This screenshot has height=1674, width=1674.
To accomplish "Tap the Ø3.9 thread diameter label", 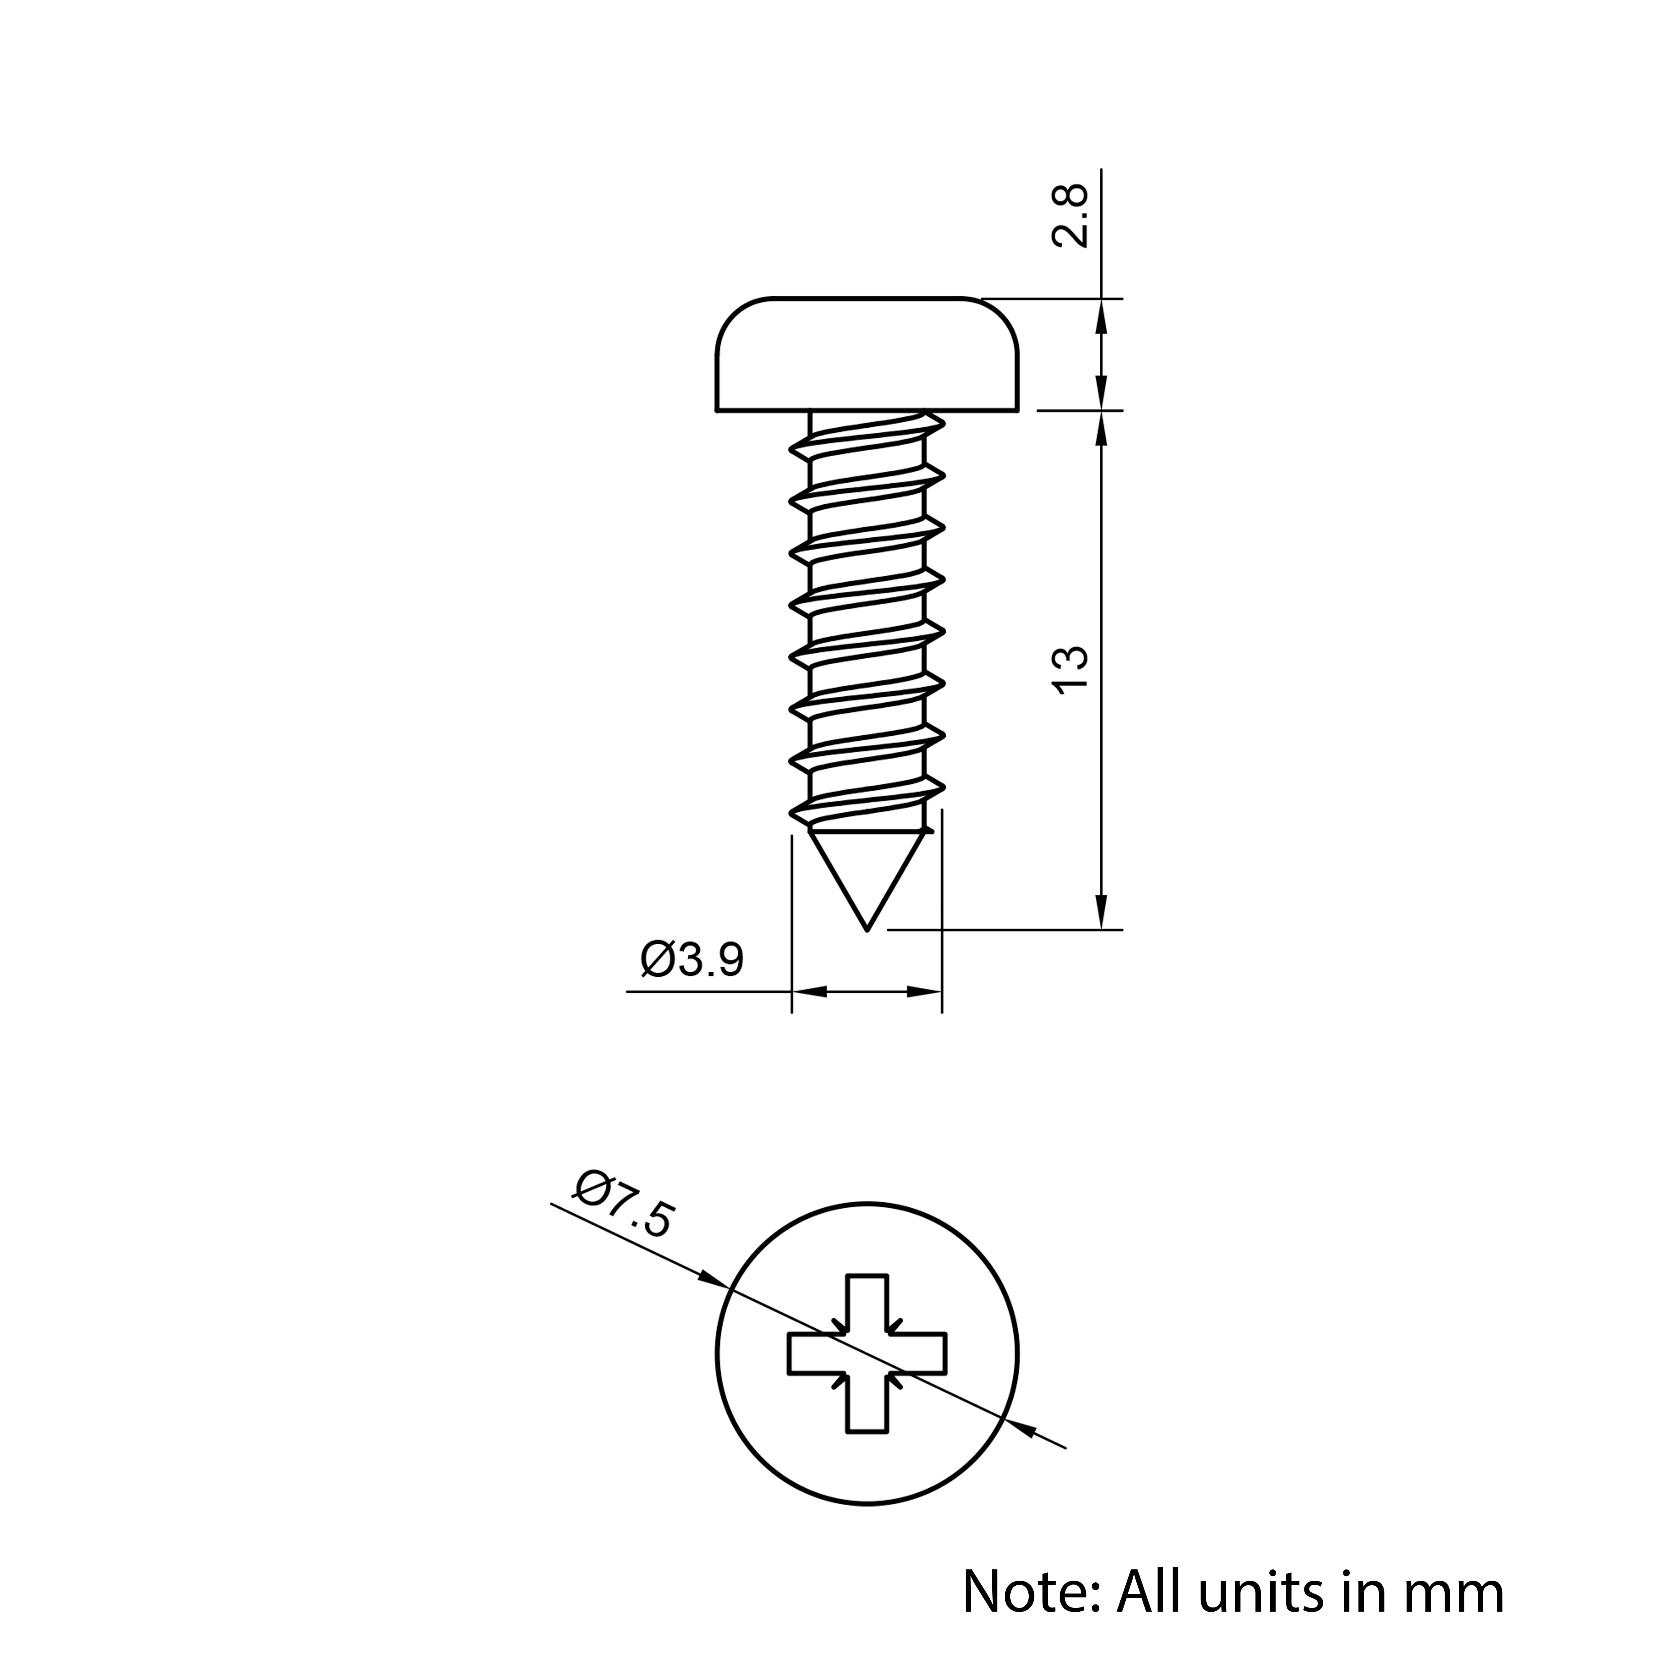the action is (692, 960).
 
